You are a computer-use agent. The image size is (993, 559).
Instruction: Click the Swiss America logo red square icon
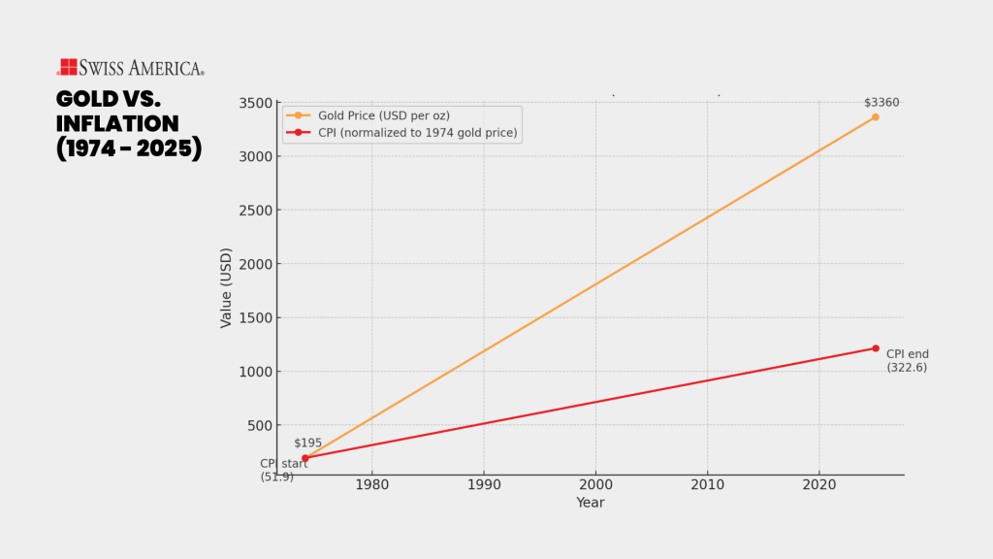(x=68, y=67)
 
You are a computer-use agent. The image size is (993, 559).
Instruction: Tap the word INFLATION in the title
(x=117, y=124)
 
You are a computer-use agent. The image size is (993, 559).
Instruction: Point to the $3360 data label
(x=881, y=103)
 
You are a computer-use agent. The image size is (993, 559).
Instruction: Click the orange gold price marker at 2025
(x=875, y=117)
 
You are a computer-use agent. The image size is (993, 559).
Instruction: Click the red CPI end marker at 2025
(x=875, y=348)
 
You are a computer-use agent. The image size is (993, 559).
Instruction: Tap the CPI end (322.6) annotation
(x=907, y=361)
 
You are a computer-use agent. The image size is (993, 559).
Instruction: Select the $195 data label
(x=307, y=444)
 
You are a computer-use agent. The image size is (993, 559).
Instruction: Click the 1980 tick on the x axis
(x=371, y=484)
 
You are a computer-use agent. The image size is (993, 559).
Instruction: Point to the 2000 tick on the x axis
(x=595, y=484)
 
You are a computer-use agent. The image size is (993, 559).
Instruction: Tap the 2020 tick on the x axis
(x=819, y=484)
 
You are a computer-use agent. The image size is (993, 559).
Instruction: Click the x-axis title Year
(x=590, y=503)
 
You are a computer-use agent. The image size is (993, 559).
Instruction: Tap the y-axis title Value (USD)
(x=226, y=288)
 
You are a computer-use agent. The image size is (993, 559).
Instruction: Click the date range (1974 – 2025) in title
(x=129, y=149)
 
